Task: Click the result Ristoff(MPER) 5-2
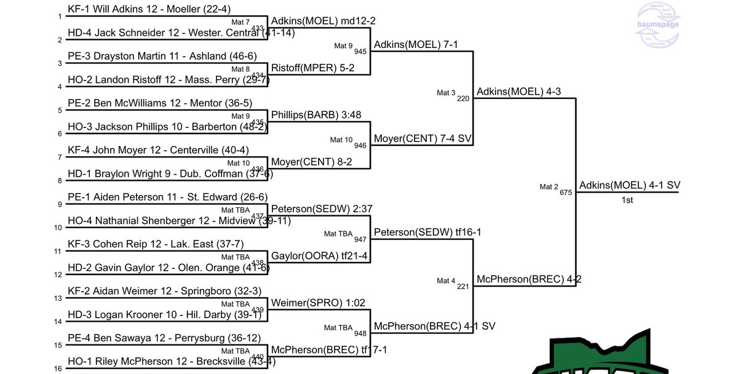click(x=312, y=68)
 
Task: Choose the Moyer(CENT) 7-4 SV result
click(x=423, y=138)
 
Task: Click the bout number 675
click(x=566, y=193)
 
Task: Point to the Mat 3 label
click(x=446, y=93)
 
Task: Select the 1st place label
click(x=627, y=200)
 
